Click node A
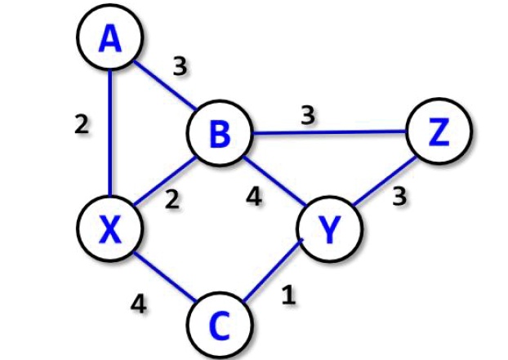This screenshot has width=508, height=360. point(109,38)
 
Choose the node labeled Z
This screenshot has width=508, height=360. point(439,131)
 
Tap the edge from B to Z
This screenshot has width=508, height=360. point(328,132)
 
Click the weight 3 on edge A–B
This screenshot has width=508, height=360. point(179,66)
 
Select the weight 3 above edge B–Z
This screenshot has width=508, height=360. point(307,116)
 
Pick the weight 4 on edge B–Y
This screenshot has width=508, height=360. point(255,198)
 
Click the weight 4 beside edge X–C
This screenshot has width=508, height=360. point(138,304)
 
